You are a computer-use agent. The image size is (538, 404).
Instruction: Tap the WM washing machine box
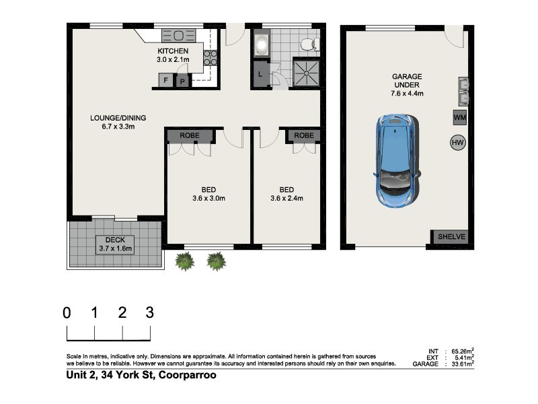(x=459, y=118)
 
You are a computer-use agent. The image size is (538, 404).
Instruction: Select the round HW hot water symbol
(x=458, y=143)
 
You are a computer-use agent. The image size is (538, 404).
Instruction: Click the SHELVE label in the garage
(x=451, y=237)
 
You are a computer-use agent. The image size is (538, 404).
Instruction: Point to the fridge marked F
(x=165, y=81)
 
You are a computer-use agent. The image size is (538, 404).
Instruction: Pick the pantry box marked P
(x=182, y=81)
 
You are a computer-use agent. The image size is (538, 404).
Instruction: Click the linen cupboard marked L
(x=260, y=74)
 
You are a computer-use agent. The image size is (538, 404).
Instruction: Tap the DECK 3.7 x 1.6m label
(x=115, y=244)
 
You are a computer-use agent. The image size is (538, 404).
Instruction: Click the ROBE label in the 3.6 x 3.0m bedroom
(x=190, y=135)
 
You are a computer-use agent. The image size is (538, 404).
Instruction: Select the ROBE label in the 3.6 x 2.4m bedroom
(x=304, y=135)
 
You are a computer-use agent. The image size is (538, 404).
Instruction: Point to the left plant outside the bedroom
(x=184, y=261)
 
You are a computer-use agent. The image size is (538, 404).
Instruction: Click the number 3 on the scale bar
(x=149, y=312)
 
